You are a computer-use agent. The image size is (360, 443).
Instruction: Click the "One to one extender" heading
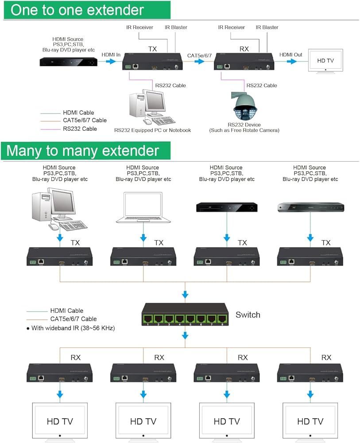click(x=77, y=10)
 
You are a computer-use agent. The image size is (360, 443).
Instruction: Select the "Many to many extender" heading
click(x=82, y=151)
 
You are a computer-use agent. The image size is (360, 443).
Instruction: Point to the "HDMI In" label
click(x=111, y=54)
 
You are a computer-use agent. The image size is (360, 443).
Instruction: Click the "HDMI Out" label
click(x=290, y=54)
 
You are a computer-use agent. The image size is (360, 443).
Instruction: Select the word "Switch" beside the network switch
click(x=248, y=315)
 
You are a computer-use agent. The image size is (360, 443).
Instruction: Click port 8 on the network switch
click(x=223, y=319)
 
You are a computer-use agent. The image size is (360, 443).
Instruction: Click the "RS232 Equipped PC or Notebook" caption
click(x=152, y=130)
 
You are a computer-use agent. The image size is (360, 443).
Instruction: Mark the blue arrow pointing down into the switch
click(x=186, y=295)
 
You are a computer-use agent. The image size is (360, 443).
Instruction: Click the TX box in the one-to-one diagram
click(x=151, y=62)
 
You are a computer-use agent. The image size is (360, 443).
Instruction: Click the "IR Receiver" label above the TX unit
click(x=139, y=27)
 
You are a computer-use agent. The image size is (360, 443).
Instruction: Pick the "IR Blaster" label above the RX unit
click(x=267, y=27)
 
